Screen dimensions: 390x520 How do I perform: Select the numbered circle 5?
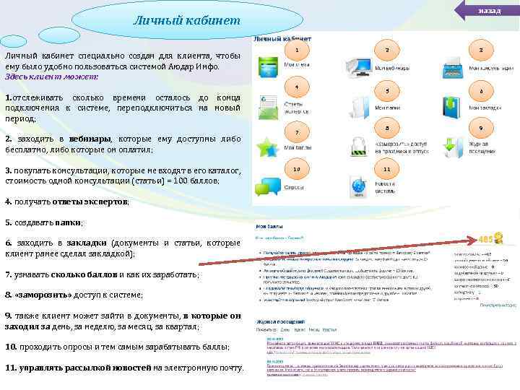click(387, 92)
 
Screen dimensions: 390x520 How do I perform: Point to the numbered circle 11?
click(387, 169)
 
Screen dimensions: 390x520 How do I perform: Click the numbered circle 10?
click(297, 169)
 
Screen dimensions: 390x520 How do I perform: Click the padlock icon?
click(360, 147)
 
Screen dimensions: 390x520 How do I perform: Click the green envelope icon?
click(269, 107)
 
